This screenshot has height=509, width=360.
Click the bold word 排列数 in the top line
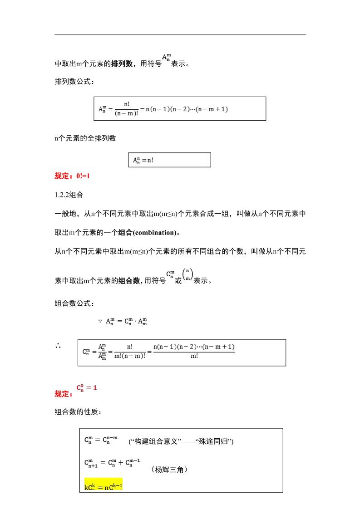click(122, 64)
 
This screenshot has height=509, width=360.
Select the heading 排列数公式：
click(74, 82)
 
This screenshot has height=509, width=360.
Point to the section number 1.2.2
click(62, 194)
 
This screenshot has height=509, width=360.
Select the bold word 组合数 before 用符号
click(129, 281)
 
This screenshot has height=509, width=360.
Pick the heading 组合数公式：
click(74, 303)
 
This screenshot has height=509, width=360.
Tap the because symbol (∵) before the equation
click(99, 321)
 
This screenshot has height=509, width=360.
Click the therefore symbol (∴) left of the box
click(59, 346)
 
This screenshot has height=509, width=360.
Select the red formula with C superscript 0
click(87, 388)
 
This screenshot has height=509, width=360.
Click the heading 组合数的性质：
click(78, 412)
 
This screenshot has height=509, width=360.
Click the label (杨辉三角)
click(169, 470)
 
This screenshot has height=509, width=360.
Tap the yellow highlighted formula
click(104, 486)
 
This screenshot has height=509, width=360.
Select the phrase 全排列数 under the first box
click(101, 138)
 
